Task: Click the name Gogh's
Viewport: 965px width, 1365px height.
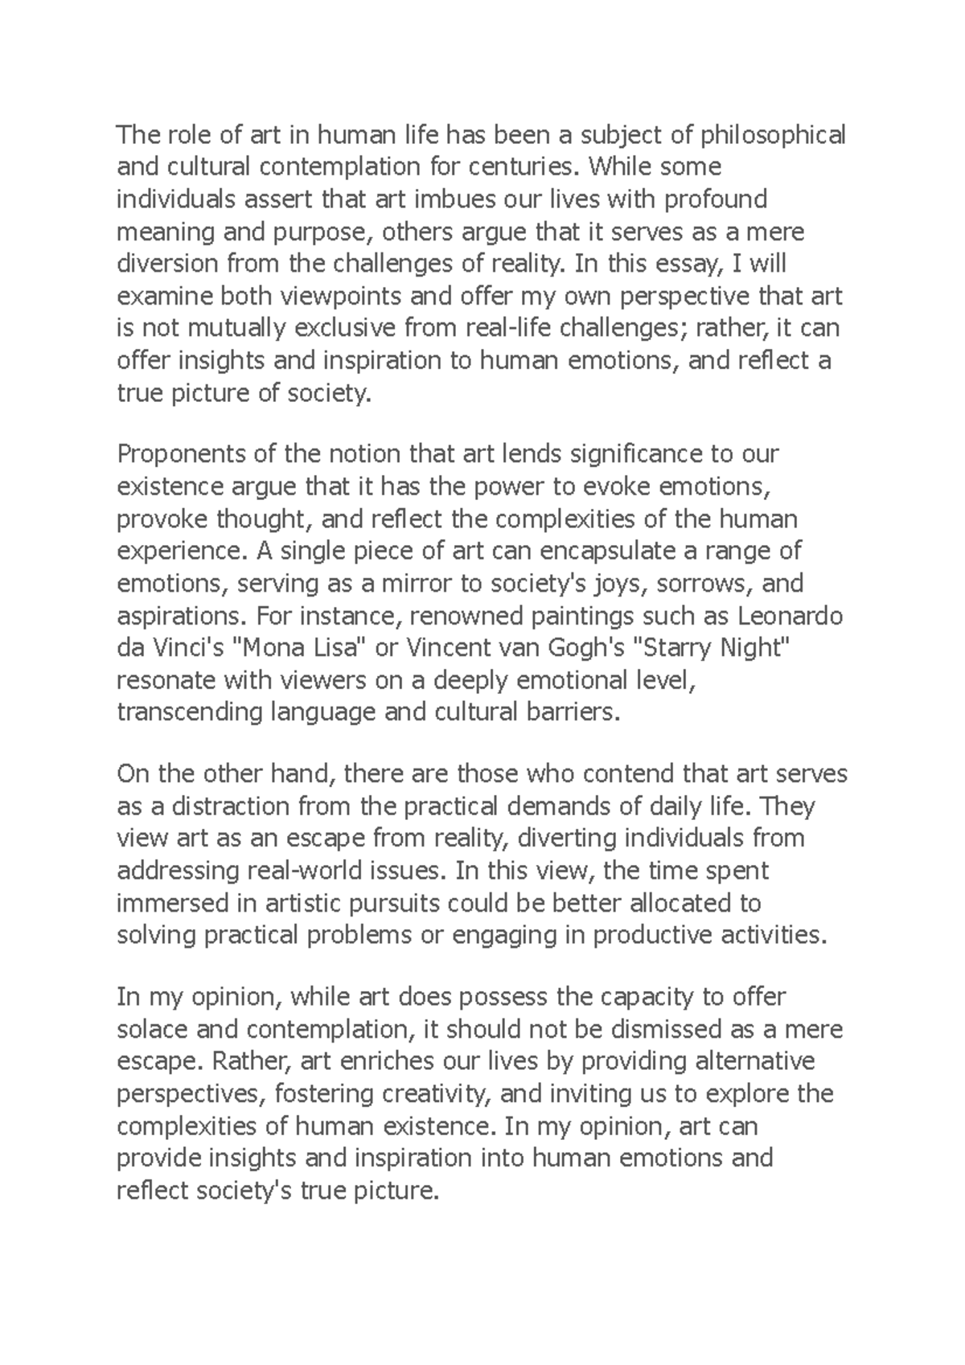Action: tap(581, 648)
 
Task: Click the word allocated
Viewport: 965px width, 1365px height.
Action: tap(675, 903)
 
